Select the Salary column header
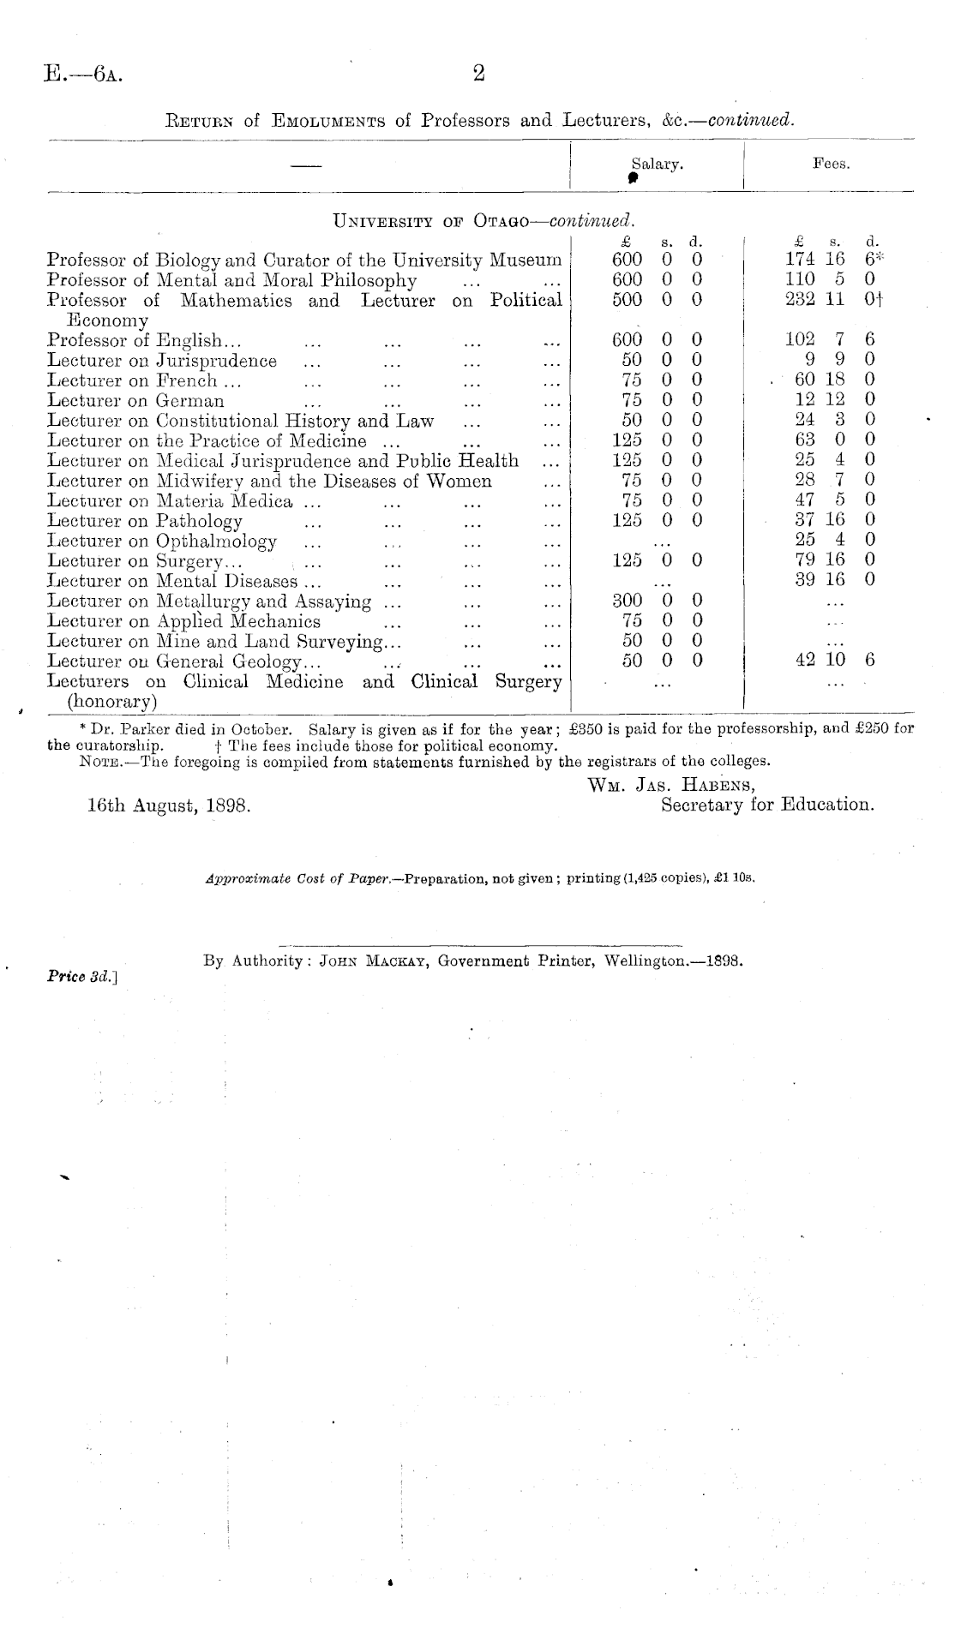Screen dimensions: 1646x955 click(657, 164)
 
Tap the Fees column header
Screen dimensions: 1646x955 click(831, 164)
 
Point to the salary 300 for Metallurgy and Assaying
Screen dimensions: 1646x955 click(628, 602)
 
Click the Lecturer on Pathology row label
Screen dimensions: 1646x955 click(145, 521)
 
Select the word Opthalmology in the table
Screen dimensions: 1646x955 click(216, 542)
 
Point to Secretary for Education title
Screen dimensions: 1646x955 click(767, 805)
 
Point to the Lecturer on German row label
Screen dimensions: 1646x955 click(135, 401)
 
